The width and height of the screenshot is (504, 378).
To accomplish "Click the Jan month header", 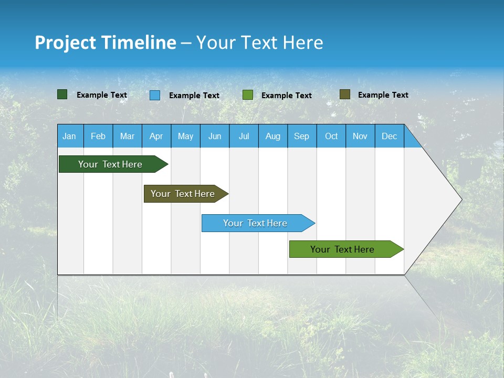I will [x=70, y=136].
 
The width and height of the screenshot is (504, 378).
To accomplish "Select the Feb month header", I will [x=98, y=136].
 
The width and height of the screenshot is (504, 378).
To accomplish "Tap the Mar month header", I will [x=127, y=136].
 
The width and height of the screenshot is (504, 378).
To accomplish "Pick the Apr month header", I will [x=156, y=136].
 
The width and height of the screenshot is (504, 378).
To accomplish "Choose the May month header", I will [x=185, y=136].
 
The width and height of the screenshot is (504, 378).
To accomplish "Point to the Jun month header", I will [x=215, y=136].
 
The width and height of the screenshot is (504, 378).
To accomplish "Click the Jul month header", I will [x=244, y=136].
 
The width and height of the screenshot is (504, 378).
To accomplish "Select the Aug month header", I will [x=273, y=136].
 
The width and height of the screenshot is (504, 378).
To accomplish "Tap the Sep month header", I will [x=302, y=136].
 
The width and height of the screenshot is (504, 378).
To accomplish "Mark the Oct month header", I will [x=331, y=136].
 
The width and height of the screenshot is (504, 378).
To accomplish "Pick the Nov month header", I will [x=360, y=136].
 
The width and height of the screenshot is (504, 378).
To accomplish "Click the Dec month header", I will [x=390, y=136].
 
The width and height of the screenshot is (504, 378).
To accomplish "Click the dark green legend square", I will [x=62, y=94].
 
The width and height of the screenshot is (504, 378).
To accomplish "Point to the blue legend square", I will [x=155, y=95].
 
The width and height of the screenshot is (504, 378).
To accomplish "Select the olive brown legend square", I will [x=345, y=94].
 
